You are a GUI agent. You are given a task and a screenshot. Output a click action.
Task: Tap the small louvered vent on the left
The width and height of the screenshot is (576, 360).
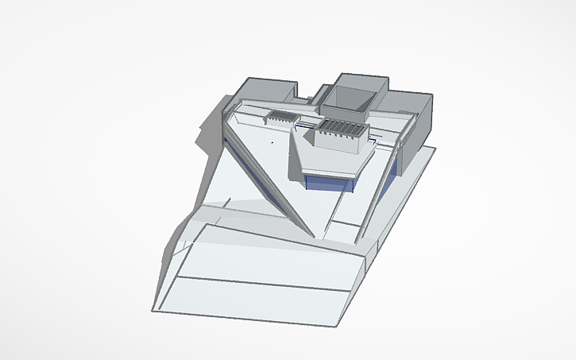tap(280, 117)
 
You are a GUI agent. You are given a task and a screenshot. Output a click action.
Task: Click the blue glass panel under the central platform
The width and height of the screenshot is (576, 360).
tap(330, 183)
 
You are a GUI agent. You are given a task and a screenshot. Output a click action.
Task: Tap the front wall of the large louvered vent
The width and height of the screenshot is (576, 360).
tap(338, 142)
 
